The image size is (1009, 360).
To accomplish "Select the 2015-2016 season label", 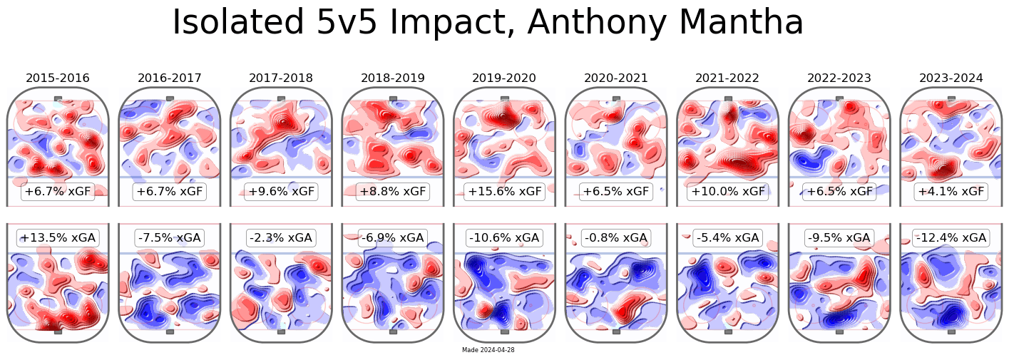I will pyautogui.click(x=58, y=78).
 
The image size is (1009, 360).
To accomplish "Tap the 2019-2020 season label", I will pyautogui.click(x=504, y=78).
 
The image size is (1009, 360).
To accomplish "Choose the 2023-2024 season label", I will pyautogui.click(x=951, y=78).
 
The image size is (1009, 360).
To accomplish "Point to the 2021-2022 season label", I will pyautogui.click(x=727, y=78).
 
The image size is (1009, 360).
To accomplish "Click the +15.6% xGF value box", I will pyautogui.click(x=504, y=192).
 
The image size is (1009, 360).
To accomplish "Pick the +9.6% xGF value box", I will pyautogui.click(x=281, y=192).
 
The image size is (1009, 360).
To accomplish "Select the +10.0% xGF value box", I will pyautogui.click(x=727, y=192).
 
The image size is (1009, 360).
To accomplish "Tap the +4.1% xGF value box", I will pyautogui.click(x=951, y=192).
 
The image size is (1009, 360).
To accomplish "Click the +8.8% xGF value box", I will pyautogui.click(x=393, y=192).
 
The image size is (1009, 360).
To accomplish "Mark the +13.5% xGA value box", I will pyautogui.click(x=58, y=237).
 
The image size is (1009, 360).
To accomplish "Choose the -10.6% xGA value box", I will pyautogui.click(x=504, y=237).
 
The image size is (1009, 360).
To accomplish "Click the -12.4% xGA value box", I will pyautogui.click(x=951, y=237).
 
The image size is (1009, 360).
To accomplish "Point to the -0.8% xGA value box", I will pyautogui.click(x=616, y=237).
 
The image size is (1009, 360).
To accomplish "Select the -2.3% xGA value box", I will pyautogui.click(x=281, y=237).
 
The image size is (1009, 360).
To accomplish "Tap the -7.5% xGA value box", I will pyautogui.click(x=170, y=237).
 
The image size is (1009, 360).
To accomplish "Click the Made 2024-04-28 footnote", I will pyautogui.click(x=488, y=350).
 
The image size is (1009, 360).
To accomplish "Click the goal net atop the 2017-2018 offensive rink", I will pyautogui.click(x=281, y=98).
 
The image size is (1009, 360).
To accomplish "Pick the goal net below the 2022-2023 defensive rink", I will pyautogui.click(x=839, y=331).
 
